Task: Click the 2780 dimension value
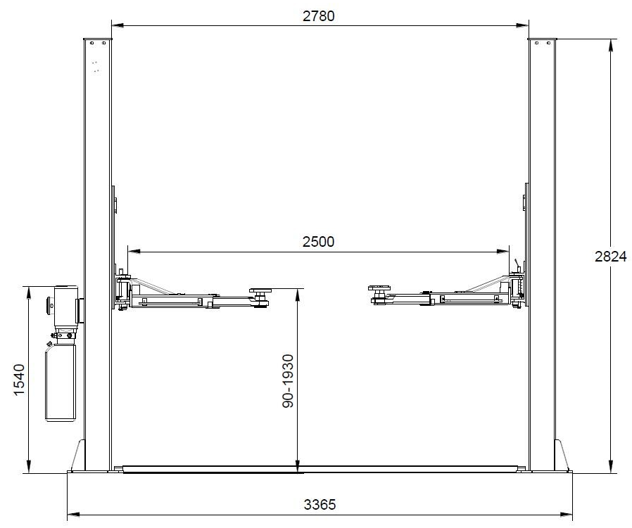318,15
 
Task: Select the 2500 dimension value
318,241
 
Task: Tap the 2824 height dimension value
611,256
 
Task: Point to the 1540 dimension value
19,380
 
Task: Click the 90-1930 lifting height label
288,381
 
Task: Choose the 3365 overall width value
320,504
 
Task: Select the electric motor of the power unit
65,306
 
